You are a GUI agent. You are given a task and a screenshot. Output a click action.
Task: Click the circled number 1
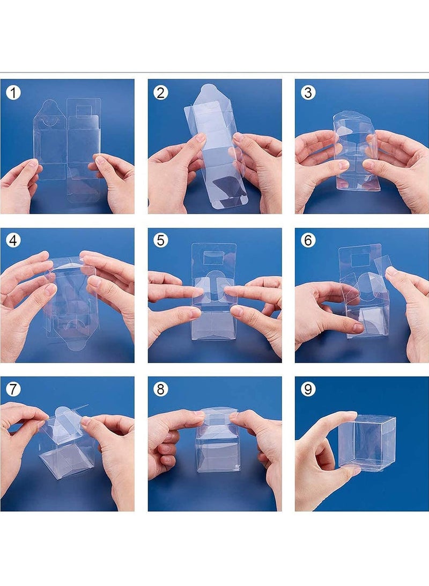[x=13, y=93]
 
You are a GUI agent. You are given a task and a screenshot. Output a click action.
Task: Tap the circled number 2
[x=160, y=93]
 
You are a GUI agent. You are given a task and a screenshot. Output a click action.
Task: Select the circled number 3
[x=308, y=93]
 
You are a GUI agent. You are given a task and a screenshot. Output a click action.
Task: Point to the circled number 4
[x=13, y=240]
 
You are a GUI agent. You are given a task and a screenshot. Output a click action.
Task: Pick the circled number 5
[x=160, y=240]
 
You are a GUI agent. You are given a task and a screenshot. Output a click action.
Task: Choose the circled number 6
[x=308, y=240]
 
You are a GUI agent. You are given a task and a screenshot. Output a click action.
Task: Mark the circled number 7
[x=13, y=389]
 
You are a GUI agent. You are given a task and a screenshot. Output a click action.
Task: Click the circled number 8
[x=160, y=389]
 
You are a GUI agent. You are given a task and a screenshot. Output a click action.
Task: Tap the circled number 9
[x=308, y=389]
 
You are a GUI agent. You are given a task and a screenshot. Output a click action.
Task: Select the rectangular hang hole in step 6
[x=361, y=259]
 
